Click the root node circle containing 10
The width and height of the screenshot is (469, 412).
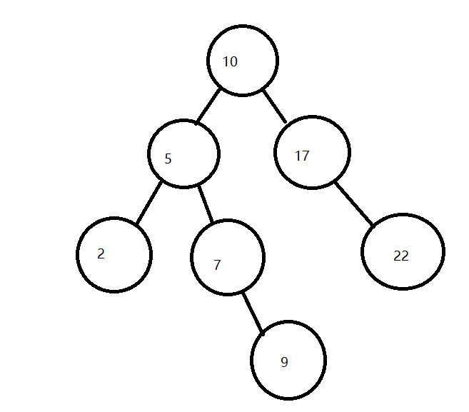[x=243, y=60]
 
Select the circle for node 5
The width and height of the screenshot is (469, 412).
[x=183, y=154]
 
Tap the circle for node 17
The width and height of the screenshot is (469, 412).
[x=312, y=153]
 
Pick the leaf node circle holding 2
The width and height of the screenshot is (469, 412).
[x=114, y=255]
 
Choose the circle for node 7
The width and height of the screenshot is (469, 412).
[x=228, y=257]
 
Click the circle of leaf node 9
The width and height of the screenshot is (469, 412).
[x=288, y=360]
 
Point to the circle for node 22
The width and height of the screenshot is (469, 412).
[x=403, y=251]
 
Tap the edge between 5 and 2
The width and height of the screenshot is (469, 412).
[x=148, y=204]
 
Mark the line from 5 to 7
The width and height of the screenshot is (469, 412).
[x=206, y=204]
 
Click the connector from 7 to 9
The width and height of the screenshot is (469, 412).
[x=253, y=312]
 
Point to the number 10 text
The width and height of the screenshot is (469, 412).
[x=230, y=61]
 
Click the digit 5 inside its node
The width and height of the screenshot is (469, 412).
[x=168, y=159]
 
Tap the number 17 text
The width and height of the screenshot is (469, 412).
[x=302, y=156]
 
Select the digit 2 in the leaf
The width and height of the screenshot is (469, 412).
[x=101, y=253]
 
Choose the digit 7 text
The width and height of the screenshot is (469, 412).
[x=217, y=265]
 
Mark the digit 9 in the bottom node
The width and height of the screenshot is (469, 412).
[x=284, y=362]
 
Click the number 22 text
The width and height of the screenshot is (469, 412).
[x=401, y=256]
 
